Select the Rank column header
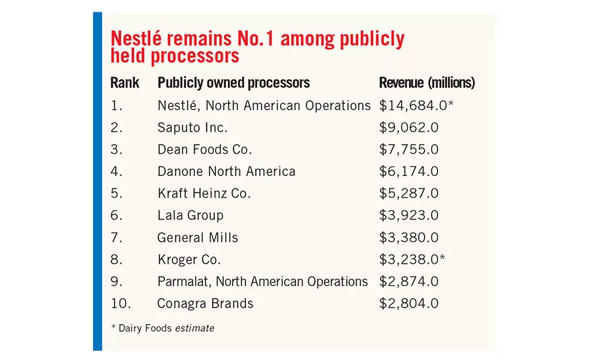coord(125,82)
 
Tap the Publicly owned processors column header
coord(234,83)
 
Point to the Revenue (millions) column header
coord(427,82)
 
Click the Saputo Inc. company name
coord(192,128)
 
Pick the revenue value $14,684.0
coord(413,105)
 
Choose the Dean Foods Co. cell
coord(204,149)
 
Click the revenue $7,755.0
coord(408,149)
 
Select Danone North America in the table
coord(226,171)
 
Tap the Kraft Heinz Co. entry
coord(204,194)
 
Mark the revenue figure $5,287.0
coord(408,194)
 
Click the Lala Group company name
coord(190,216)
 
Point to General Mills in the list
coord(198,238)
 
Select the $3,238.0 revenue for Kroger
coord(408,259)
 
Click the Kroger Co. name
coord(189,260)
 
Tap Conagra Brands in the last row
coord(205,304)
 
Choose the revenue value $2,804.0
coord(408,303)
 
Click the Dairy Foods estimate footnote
coord(163,328)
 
